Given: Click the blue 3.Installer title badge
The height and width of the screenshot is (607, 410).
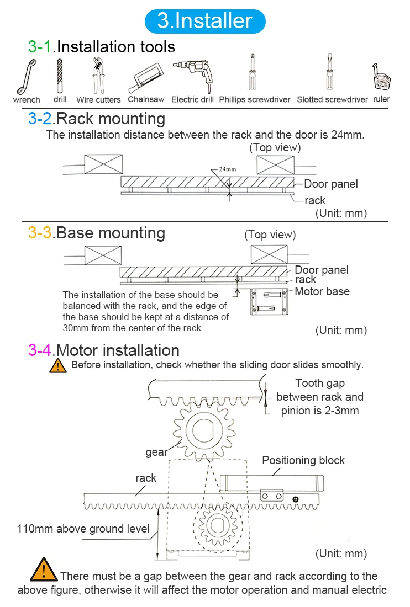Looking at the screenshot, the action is [205, 21].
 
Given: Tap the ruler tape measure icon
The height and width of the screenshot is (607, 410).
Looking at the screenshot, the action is [381, 76].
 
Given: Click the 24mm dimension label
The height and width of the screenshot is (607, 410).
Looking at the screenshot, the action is [228, 169].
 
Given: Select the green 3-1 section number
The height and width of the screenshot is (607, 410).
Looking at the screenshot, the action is [40, 47].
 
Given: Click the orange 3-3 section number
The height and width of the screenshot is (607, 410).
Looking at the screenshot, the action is [40, 233].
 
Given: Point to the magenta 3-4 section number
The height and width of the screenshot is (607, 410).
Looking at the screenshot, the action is [40, 350].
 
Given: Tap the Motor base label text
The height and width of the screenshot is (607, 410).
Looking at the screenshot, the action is [322, 291].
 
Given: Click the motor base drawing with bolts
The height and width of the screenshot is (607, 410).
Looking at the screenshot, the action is [269, 301].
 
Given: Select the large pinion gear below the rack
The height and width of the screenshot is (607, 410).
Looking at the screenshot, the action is [204, 430].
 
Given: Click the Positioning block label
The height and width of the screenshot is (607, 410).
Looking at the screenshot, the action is [303, 460].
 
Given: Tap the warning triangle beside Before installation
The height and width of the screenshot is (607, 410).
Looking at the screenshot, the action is [58, 366].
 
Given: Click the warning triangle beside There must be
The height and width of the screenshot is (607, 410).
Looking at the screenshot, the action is [44, 569].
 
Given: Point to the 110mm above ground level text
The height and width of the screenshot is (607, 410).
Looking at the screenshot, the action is [83, 529].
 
